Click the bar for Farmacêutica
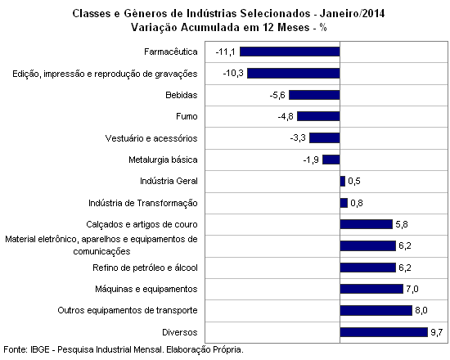290,52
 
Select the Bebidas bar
314,95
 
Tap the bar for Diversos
384,332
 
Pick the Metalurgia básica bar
331,160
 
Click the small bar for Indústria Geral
343,181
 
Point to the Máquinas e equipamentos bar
371,289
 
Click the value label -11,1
225,52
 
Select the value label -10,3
233,73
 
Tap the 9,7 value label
437,332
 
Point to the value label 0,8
357,203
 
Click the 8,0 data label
421,310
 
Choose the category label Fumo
187,116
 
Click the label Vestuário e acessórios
151,138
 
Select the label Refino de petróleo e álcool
145,268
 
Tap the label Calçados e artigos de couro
142,224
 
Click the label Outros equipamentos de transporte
128,310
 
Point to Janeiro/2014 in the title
352,13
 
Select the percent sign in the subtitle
323,28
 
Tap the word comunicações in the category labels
101,251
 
